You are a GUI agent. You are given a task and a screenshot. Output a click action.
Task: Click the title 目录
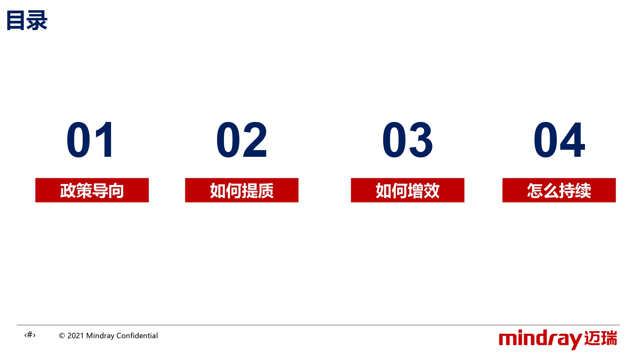[27, 20]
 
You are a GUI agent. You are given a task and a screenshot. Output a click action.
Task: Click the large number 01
[90, 140]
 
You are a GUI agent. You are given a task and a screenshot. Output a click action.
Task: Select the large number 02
[242, 140]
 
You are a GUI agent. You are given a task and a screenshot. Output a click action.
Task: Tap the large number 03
[407, 140]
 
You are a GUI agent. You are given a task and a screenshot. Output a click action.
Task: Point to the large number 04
[559, 140]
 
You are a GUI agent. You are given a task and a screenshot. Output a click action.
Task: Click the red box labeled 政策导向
[92, 190]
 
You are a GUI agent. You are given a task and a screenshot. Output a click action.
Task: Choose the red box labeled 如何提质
[242, 190]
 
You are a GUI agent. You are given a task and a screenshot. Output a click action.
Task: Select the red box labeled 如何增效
[407, 190]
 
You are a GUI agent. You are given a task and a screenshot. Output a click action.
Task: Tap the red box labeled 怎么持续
[559, 190]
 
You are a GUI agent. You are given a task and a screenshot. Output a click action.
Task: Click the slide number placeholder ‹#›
[30, 335]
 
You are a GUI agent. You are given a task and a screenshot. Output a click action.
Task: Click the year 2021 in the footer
[76, 336]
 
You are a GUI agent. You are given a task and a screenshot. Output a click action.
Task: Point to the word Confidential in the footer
[137, 336]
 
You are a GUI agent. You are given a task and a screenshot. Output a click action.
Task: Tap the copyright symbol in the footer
[62, 336]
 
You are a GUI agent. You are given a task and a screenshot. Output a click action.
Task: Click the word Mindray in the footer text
[100, 336]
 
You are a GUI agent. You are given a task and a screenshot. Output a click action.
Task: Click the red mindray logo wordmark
[540, 339]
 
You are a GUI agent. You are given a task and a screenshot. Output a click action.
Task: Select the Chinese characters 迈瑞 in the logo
[601, 338]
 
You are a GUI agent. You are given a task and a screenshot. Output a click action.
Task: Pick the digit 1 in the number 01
[104, 140]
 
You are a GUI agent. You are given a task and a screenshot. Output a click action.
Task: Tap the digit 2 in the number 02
[255, 140]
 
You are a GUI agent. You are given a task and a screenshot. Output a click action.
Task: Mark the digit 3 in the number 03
[421, 140]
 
